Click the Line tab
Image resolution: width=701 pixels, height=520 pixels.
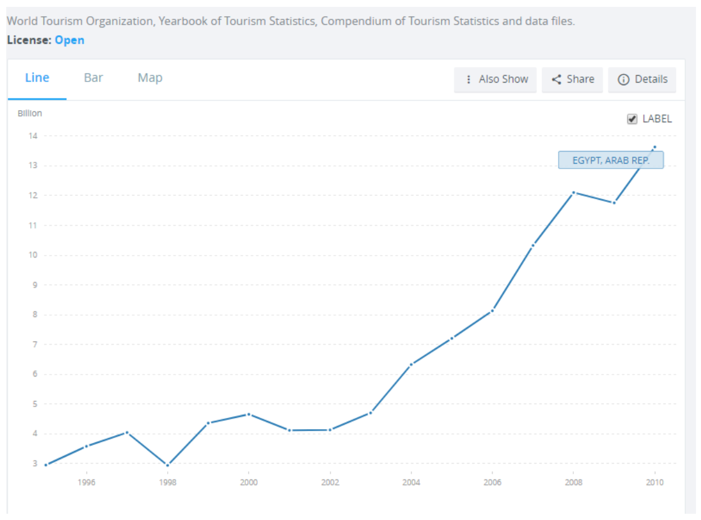pyautogui.click(x=37, y=78)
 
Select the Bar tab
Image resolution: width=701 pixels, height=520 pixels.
pyautogui.click(x=93, y=78)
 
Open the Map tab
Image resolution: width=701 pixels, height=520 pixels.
pyautogui.click(x=150, y=78)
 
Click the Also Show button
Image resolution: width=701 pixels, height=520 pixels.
pyautogui.click(x=496, y=80)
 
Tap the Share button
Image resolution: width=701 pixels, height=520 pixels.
pyautogui.click(x=573, y=80)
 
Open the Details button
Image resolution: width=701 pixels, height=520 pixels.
pyautogui.click(x=642, y=80)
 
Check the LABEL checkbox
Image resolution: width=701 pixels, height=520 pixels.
pyautogui.click(x=632, y=119)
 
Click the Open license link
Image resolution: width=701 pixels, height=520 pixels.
pyautogui.click(x=69, y=40)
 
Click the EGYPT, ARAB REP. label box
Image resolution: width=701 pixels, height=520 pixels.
pyautogui.click(x=610, y=160)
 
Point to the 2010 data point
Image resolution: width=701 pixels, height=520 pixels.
pyautogui.click(x=655, y=147)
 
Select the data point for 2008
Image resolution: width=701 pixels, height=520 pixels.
pyautogui.click(x=573, y=192)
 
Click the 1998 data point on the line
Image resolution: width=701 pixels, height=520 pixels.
pyautogui.click(x=168, y=465)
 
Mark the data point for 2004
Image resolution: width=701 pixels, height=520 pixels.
pyautogui.click(x=411, y=364)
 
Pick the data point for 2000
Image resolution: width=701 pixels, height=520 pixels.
pyautogui.click(x=248, y=414)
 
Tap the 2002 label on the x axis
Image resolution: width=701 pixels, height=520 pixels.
pyautogui.click(x=330, y=482)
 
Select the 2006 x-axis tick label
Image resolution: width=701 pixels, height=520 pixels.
pyautogui.click(x=492, y=482)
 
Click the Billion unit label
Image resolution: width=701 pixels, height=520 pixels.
pyautogui.click(x=29, y=113)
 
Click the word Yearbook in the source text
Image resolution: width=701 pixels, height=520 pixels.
pyautogui.click(x=182, y=21)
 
